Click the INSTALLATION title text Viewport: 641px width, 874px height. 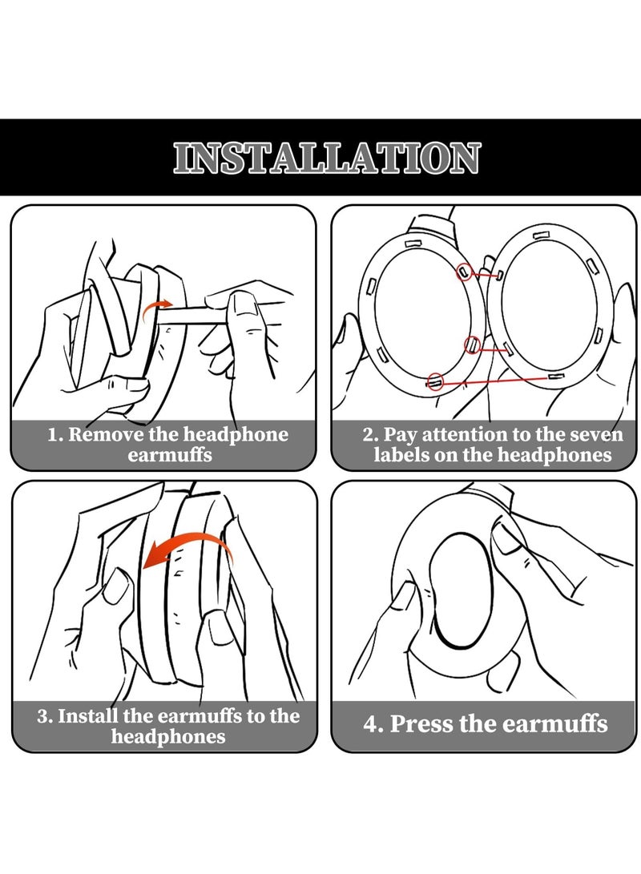tap(326, 158)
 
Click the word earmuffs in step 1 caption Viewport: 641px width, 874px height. tap(170, 455)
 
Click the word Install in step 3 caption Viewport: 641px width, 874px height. tap(88, 715)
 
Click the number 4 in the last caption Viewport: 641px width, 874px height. tap(371, 724)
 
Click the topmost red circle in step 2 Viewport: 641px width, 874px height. tap(464, 272)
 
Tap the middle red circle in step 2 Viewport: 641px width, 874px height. tap(472, 345)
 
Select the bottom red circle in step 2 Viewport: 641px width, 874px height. tap(435, 381)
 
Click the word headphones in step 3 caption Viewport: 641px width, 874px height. tap(168, 736)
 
